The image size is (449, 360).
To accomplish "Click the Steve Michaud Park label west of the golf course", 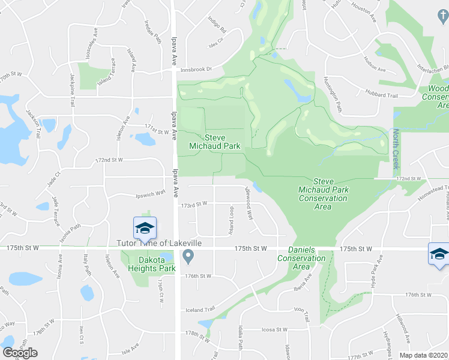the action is click(x=207, y=141).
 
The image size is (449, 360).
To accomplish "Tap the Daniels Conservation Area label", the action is click(x=301, y=258).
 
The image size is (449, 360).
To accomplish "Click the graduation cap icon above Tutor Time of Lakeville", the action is click(x=145, y=228).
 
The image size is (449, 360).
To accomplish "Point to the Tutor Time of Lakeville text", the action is click(x=158, y=243).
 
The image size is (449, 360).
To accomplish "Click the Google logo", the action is click(x=20, y=353).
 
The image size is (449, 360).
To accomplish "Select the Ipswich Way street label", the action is click(x=150, y=193).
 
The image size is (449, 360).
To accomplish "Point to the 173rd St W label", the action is click(x=196, y=204).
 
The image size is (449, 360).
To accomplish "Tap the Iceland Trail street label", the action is click(x=200, y=310).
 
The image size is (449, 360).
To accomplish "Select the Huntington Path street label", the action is click(x=332, y=94).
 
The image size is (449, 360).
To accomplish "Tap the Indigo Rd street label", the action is click(x=217, y=29).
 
